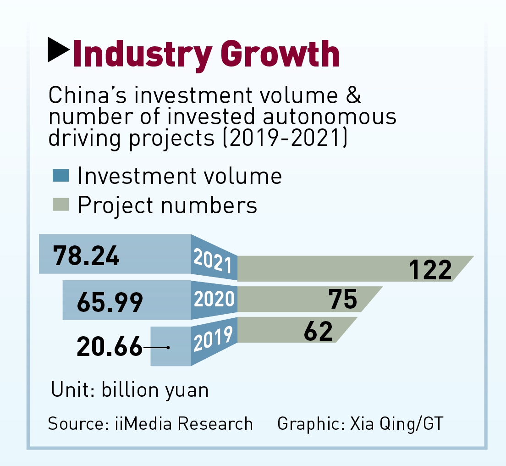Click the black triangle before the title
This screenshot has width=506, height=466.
58,50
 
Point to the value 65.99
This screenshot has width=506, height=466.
110,303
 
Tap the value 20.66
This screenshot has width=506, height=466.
110,347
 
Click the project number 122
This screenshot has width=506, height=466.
430,269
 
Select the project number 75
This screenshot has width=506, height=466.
343,300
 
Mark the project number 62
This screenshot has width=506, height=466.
318,331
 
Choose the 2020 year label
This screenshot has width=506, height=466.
214,299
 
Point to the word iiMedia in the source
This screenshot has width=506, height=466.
145,423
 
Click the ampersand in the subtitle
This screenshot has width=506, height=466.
353,96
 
